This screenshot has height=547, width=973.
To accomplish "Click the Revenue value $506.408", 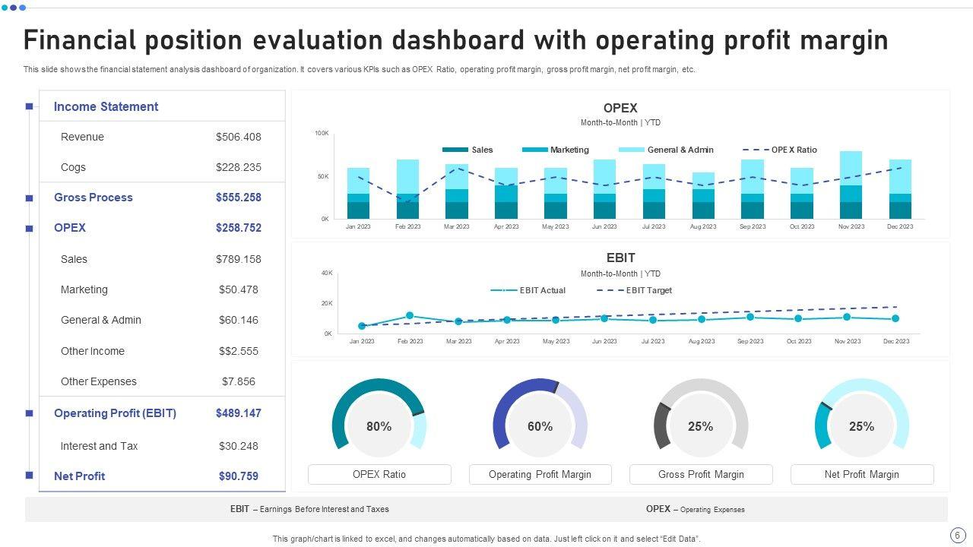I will coord(238,137).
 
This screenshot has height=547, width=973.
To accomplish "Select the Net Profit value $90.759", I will coord(238,476).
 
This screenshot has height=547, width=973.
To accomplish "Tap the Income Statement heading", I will coord(106,106).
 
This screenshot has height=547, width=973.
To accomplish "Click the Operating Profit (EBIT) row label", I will coord(115,413).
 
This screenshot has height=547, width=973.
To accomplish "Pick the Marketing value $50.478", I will coord(238,289).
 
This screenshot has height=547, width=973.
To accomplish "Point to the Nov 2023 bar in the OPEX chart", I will coord(851,185).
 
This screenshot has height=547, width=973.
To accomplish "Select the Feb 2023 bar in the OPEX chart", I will coord(407,189).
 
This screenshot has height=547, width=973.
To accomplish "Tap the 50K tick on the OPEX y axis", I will coord(322,176).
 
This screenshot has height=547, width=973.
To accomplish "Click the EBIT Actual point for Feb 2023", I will coord(410,315).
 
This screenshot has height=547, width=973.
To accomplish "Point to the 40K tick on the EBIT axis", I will coord(327,273).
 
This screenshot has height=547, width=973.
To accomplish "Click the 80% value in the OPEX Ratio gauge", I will coord(379,427).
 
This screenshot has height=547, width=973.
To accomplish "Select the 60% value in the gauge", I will coord(540,427).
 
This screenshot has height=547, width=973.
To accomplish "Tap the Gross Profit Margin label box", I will coord(701,474).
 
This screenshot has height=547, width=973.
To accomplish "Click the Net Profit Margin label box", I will coord(861,474).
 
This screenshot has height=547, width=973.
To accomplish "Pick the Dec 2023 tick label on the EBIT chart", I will coord(896,341).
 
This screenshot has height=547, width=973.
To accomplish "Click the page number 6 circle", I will coord(956,535).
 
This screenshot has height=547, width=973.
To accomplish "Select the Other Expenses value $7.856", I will coord(238,381).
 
